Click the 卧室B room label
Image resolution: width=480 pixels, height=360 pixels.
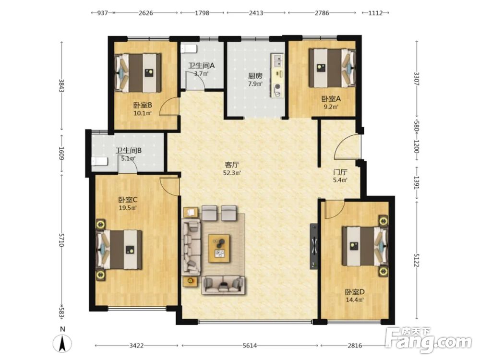(x=143, y=105)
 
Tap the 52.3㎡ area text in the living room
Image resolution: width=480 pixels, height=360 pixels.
(x=232, y=173)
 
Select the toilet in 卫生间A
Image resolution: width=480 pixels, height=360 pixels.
(x=188, y=48)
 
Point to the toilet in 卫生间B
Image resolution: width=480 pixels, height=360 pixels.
(x=99, y=161)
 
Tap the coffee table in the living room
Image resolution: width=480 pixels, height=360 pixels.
(x=219, y=248)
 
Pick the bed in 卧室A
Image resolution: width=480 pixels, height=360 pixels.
(x=332, y=68)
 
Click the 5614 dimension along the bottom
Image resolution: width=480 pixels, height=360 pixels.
(x=250, y=346)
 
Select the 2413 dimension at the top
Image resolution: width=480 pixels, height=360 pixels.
(x=256, y=13)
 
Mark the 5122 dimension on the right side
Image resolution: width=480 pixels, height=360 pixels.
(x=416, y=259)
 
